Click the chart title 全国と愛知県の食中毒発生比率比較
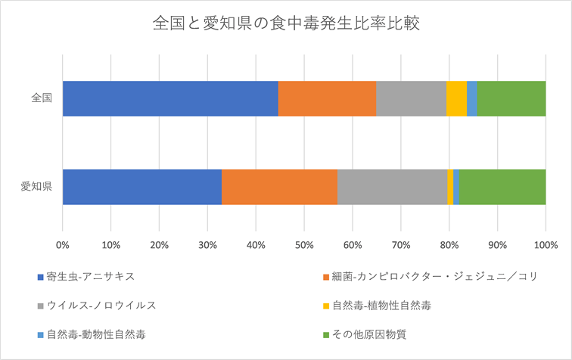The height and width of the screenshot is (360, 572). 286,23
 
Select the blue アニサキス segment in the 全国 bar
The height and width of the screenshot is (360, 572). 170,98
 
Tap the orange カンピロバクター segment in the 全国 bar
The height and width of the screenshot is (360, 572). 327,98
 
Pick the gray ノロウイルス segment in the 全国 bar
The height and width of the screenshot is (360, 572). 411,98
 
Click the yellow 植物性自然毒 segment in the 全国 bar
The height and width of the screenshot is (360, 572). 456,98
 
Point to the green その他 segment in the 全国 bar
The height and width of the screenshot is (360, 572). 511,98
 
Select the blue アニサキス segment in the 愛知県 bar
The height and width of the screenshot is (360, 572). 142,187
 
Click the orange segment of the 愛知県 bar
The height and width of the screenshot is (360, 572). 279,187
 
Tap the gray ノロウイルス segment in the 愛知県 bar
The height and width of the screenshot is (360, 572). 392,187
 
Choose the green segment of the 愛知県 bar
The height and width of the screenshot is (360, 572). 502,187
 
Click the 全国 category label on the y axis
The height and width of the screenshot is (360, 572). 41,98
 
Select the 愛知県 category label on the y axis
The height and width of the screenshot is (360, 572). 36,187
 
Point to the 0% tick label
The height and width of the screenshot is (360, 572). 63,245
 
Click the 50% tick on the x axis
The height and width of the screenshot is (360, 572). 304,245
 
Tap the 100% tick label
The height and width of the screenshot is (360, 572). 545,245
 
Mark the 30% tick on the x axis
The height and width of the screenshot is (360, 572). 207,245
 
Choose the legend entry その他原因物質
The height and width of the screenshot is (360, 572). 365,334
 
